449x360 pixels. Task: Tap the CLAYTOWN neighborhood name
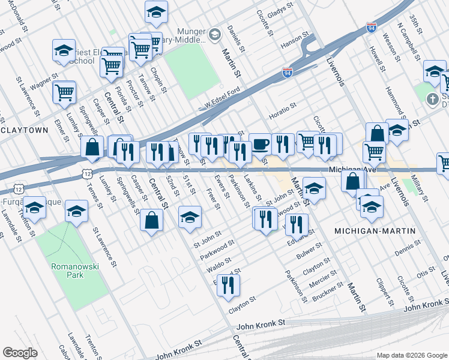point(24,130)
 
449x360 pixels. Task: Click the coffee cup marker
point(259,144)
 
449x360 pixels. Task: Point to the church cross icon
point(432,98)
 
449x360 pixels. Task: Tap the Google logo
point(20,352)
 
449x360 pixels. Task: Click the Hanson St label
point(294,42)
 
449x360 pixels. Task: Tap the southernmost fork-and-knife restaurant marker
point(228,286)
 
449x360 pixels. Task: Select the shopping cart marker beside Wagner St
point(64,92)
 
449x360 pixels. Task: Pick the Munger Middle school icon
point(214,34)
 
